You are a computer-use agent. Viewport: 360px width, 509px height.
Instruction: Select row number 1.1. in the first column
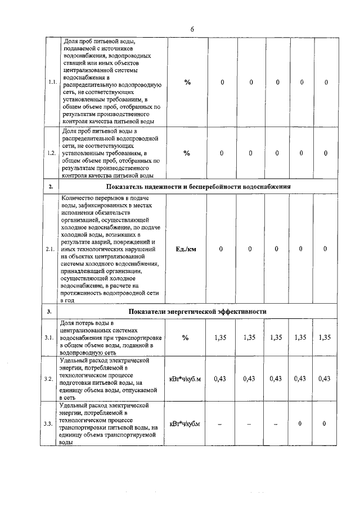point(52,82)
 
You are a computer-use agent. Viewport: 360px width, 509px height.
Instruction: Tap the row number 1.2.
point(52,153)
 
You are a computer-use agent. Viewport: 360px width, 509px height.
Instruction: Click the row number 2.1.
point(52,249)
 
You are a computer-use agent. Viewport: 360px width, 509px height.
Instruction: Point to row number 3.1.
point(52,337)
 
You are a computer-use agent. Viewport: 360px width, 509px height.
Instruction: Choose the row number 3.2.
point(52,379)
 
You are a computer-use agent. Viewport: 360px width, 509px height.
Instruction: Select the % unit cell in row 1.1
point(187,82)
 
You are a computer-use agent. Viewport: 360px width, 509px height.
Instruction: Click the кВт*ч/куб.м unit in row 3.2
point(185,379)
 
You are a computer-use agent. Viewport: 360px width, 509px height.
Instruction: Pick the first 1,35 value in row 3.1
point(221,337)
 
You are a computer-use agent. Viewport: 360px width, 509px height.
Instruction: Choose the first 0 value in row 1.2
point(222,153)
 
